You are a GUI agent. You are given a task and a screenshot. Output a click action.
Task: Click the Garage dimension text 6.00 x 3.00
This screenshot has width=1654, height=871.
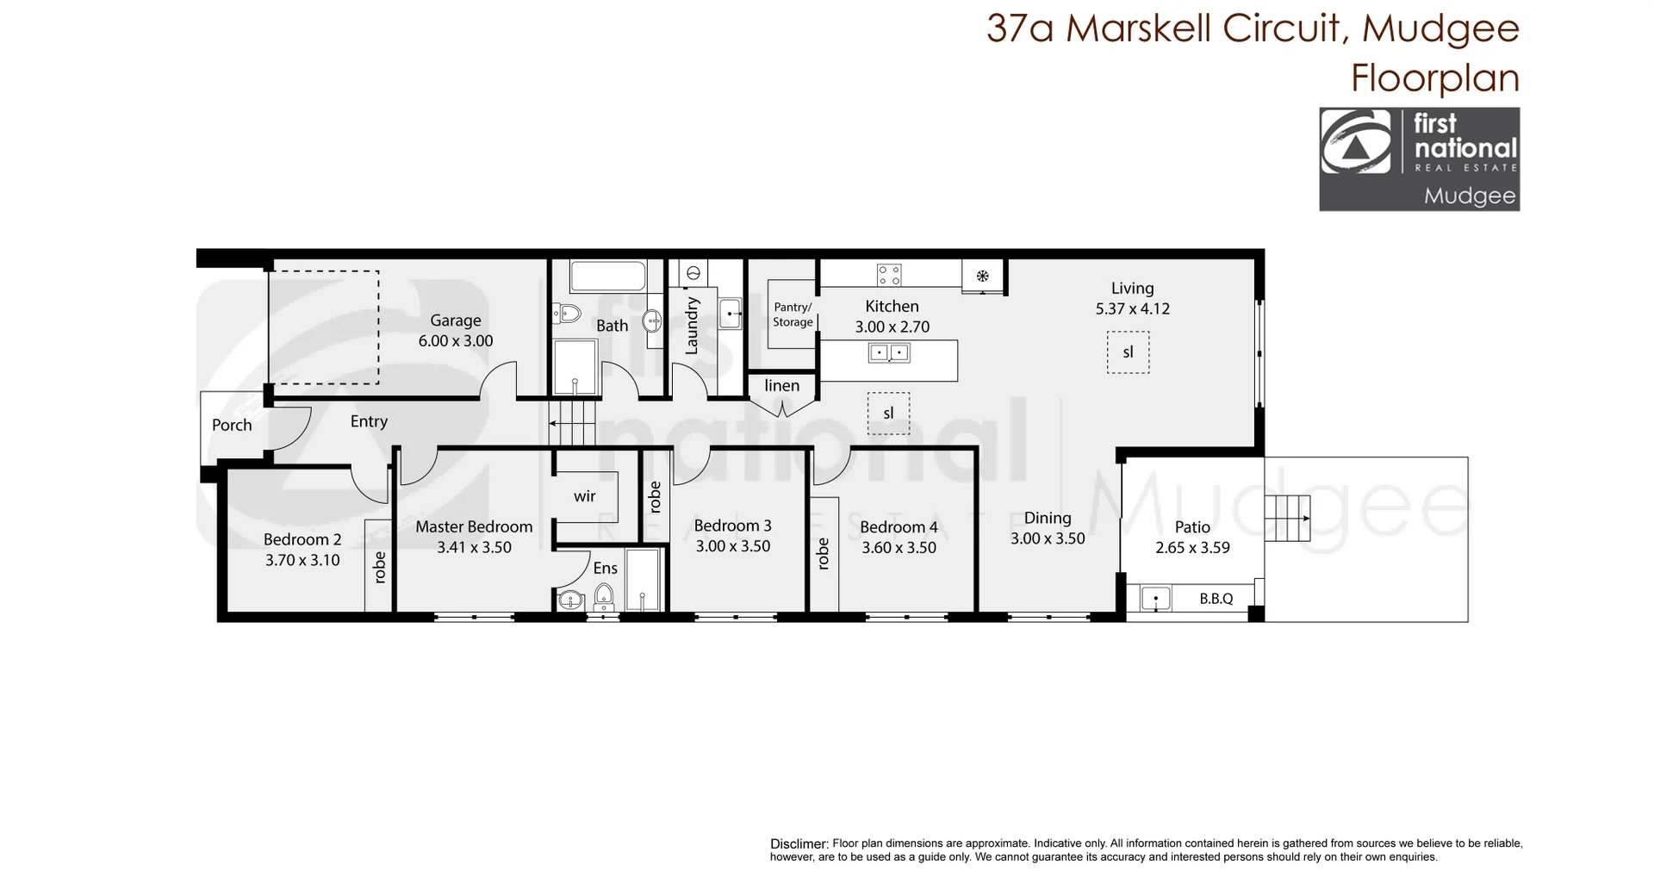(455, 340)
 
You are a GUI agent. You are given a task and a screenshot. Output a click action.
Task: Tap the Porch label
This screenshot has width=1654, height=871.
(232, 425)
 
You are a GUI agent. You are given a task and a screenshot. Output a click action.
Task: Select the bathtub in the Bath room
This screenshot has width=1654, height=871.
(607, 277)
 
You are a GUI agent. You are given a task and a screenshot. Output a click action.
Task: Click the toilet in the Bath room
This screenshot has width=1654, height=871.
(567, 313)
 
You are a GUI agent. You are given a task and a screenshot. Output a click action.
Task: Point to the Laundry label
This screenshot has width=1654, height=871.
(691, 326)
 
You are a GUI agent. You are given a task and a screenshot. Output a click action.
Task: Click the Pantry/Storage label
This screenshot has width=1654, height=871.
(792, 314)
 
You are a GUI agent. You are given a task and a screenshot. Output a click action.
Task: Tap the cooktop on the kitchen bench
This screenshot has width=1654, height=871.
(889, 275)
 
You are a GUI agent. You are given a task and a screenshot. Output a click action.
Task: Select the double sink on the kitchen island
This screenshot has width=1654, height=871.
(889, 352)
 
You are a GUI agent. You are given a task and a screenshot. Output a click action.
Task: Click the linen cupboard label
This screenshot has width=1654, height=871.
(781, 386)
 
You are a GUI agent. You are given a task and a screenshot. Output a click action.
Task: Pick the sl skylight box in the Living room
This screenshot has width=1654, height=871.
(1128, 352)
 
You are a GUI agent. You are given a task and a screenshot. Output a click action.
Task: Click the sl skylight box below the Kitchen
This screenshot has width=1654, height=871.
(888, 413)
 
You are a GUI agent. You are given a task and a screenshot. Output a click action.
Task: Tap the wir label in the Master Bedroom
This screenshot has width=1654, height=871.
(584, 496)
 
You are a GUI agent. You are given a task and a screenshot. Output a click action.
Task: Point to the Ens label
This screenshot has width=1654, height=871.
(605, 568)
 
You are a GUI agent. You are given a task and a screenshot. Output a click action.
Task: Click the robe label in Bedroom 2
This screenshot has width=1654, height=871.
(379, 567)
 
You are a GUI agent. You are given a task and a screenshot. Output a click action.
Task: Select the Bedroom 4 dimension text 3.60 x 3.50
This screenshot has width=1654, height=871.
(899, 547)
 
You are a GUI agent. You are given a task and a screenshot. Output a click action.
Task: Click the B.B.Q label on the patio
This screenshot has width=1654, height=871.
(1216, 598)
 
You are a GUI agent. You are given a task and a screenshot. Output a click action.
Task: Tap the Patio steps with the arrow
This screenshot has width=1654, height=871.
(1287, 519)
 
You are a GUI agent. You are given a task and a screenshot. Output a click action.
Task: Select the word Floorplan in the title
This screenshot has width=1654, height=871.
(1434, 78)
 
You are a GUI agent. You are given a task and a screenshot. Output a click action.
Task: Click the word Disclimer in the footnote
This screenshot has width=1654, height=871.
(799, 844)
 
